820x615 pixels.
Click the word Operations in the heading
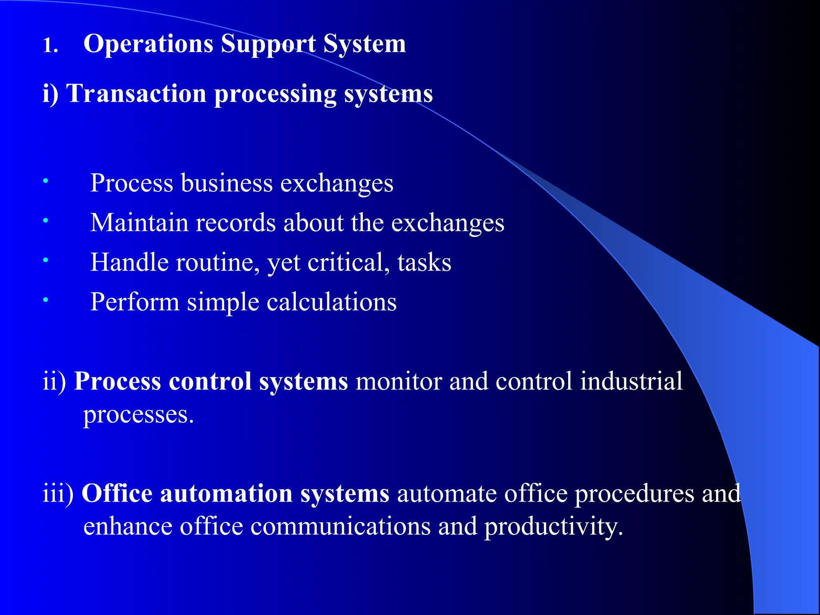click(x=148, y=44)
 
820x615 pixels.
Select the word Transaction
click(x=136, y=94)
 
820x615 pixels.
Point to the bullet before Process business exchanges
click(x=46, y=181)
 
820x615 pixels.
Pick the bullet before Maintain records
click(x=46, y=221)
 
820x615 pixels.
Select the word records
click(x=235, y=223)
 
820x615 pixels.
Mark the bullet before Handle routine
click(x=46, y=260)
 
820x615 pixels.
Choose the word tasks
click(x=424, y=263)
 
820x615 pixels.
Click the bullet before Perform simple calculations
click(x=46, y=299)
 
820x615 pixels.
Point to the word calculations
click(x=332, y=302)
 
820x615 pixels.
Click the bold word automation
click(x=226, y=493)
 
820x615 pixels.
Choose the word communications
click(x=341, y=526)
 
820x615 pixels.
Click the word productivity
click(x=554, y=527)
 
